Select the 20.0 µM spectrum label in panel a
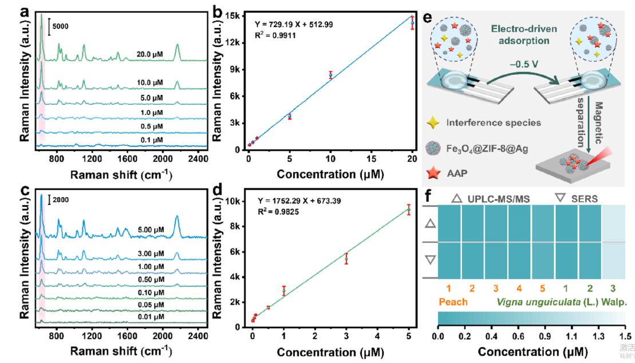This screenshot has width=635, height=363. click(x=151, y=55)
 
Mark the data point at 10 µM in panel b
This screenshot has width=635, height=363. click(x=330, y=75)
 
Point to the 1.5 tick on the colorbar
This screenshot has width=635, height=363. click(x=625, y=336)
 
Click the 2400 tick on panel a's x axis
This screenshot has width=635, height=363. click(x=198, y=158)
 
